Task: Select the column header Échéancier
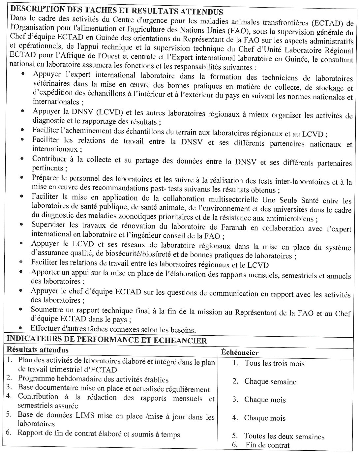click(x=240, y=352)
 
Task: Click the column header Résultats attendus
click(x=38, y=349)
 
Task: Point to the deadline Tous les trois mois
click(x=274, y=364)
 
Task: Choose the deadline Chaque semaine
click(x=270, y=382)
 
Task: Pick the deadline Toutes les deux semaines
click(x=284, y=437)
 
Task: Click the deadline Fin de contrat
click(x=267, y=445)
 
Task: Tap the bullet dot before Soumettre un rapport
click(x=21, y=310)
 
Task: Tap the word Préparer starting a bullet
click(x=46, y=178)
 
